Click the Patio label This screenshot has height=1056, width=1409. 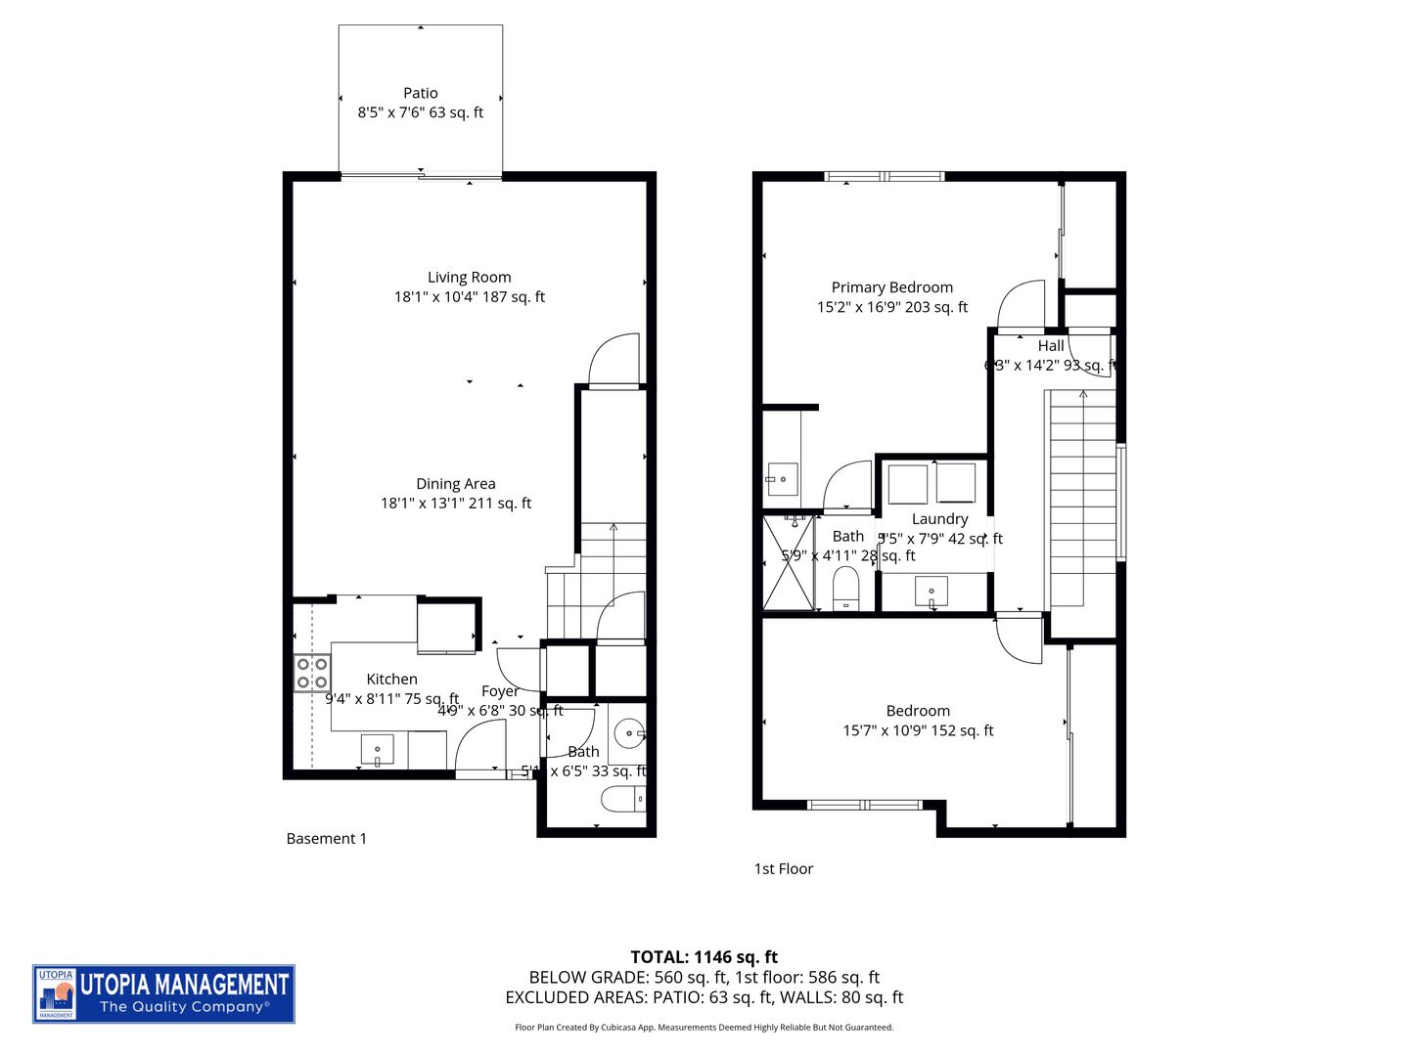(x=421, y=94)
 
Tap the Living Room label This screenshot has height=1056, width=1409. (x=469, y=278)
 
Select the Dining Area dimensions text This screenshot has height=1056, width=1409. (x=456, y=504)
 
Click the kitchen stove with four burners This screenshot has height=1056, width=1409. (x=312, y=673)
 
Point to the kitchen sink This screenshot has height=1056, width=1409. (x=378, y=750)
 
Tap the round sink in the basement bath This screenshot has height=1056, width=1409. (x=627, y=730)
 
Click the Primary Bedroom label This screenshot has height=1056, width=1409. (x=891, y=287)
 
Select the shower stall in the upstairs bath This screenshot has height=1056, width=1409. (x=788, y=563)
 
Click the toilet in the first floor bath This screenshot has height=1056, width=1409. (x=845, y=589)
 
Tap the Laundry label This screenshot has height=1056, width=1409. (x=939, y=519)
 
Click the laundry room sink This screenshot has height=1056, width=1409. (x=931, y=592)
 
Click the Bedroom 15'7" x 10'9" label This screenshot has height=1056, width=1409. (x=918, y=721)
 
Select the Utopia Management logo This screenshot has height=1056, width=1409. (x=163, y=993)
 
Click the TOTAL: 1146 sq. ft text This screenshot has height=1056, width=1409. (x=704, y=957)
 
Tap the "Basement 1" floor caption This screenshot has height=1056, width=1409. (x=326, y=839)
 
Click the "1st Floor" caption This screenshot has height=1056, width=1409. (x=783, y=868)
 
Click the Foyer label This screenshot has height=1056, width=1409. (x=500, y=691)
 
